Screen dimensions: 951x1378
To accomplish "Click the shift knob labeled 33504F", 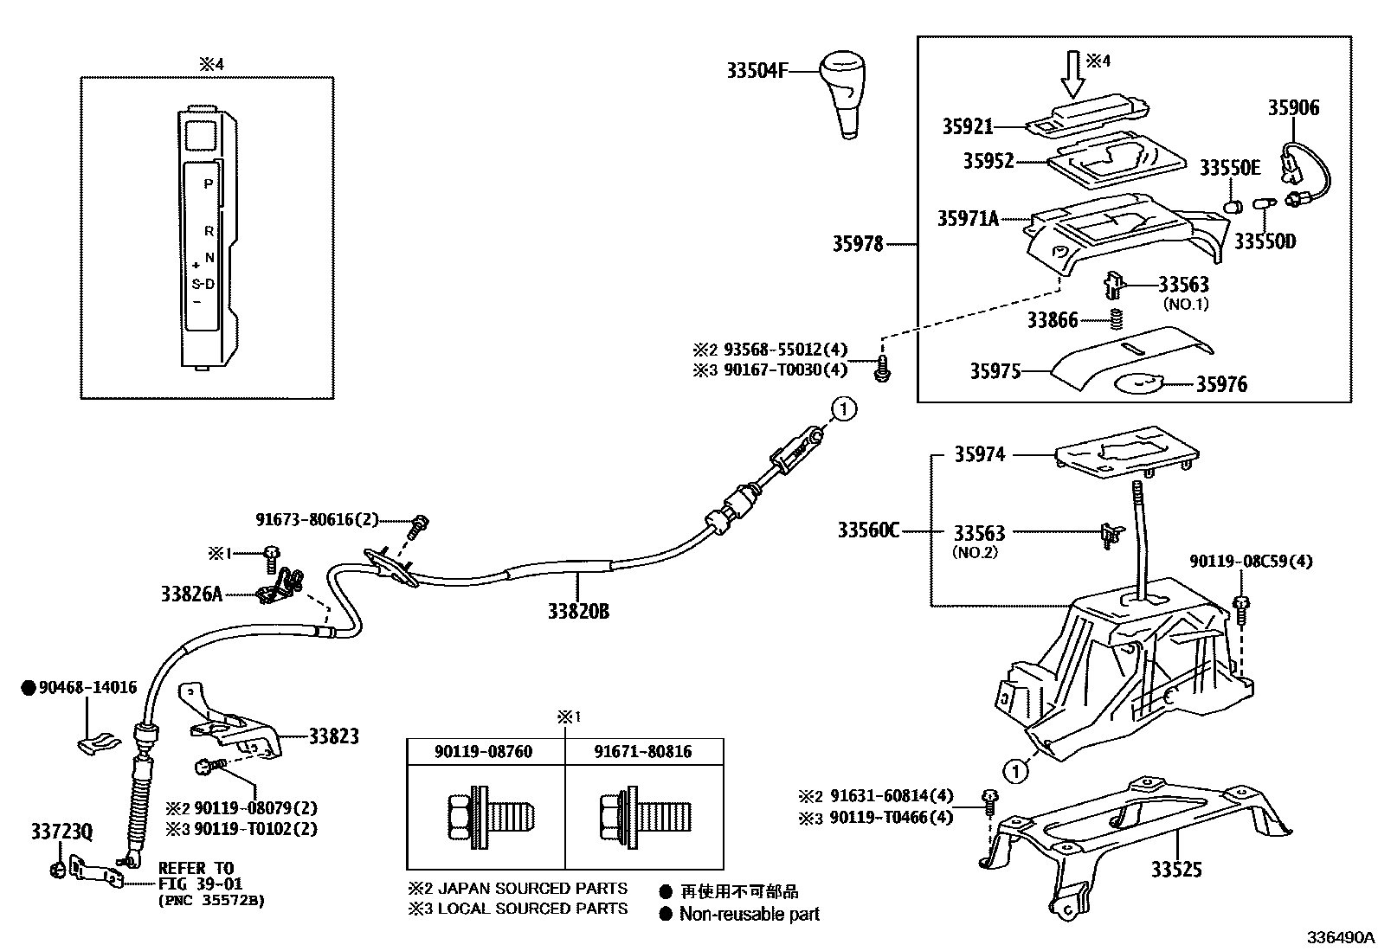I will coord(844,91).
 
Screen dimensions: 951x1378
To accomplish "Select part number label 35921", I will coord(967,126).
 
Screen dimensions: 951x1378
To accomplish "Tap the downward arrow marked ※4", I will coord(1072,74).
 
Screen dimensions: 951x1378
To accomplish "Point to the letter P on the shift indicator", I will coord(208,183).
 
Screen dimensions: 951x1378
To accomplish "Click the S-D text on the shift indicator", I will coord(203,284).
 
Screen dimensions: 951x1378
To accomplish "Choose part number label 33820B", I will coord(577,612).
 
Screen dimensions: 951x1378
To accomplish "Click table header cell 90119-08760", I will coord(483,751).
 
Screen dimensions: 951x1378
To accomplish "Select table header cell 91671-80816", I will coord(642,751).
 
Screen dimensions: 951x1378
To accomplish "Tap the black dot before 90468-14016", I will coord(29,688).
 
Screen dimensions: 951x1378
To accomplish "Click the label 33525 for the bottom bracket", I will coord(1175,870).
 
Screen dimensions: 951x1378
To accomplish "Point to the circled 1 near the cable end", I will coord(844,408).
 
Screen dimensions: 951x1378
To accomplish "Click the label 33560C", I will coord(867,530).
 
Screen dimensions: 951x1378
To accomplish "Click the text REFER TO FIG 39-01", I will coord(200,876).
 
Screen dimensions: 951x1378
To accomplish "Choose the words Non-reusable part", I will coord(749,914).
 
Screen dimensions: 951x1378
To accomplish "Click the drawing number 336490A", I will coord(1340,938).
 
